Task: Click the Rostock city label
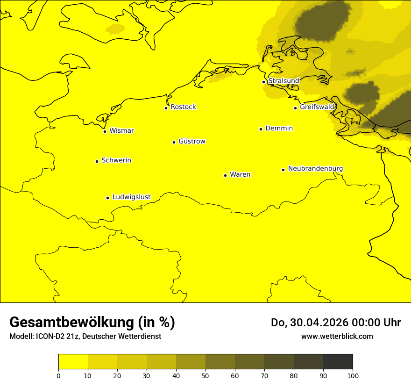click(183, 107)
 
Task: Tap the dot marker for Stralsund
click(263, 82)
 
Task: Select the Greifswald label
click(317, 107)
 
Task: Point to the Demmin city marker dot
click(261, 129)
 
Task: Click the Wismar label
click(121, 130)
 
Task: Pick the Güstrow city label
click(191, 141)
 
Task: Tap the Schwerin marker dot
click(97, 161)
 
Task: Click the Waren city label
click(240, 174)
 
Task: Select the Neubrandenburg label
click(315, 168)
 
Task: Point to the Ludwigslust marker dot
click(107, 198)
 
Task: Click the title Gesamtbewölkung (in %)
click(92, 323)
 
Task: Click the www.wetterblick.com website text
click(337, 336)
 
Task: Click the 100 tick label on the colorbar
click(353, 375)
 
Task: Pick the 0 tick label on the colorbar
click(58, 375)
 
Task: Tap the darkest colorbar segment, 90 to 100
click(338, 361)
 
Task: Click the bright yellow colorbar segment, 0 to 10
click(73, 361)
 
